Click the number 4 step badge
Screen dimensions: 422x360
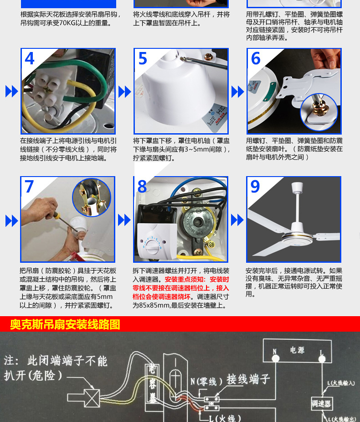click(x=30, y=59)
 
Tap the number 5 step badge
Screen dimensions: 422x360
click(x=143, y=59)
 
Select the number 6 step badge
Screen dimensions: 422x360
click(x=256, y=59)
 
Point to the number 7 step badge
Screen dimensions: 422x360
click(x=30, y=187)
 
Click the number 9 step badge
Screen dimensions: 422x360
click(x=256, y=187)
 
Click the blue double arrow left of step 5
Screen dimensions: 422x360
click(x=124, y=91)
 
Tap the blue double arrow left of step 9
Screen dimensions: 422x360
click(x=237, y=220)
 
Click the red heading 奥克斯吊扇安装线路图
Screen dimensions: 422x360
click(x=65, y=324)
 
